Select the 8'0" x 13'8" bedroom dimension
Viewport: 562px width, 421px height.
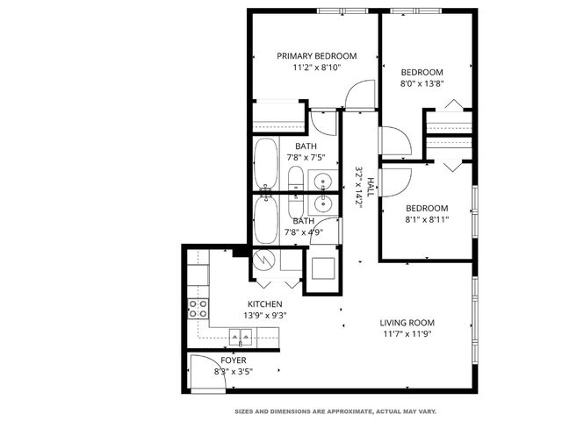point(421,84)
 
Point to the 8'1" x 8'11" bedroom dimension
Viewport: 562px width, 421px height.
point(427,219)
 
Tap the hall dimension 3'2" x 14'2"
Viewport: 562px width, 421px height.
point(359,186)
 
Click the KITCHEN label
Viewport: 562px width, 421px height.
point(264,304)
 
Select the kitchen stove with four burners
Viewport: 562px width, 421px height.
point(199,308)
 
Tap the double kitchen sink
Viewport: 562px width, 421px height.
point(241,336)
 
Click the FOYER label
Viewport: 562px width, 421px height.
point(233,360)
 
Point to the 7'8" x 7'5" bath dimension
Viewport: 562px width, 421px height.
point(306,158)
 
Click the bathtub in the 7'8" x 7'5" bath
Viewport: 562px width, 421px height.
point(266,164)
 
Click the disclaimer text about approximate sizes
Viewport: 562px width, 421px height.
point(335,410)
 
